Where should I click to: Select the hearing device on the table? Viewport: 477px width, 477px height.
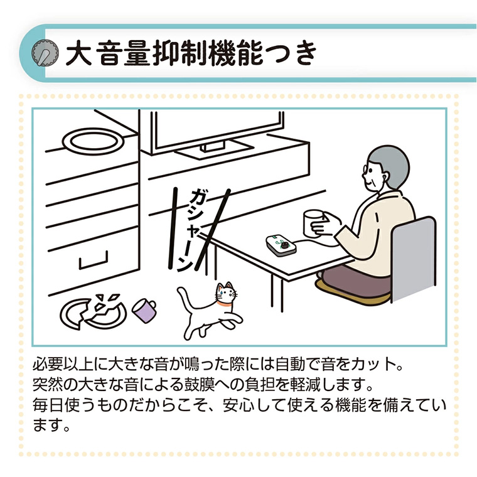(x=280, y=243)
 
